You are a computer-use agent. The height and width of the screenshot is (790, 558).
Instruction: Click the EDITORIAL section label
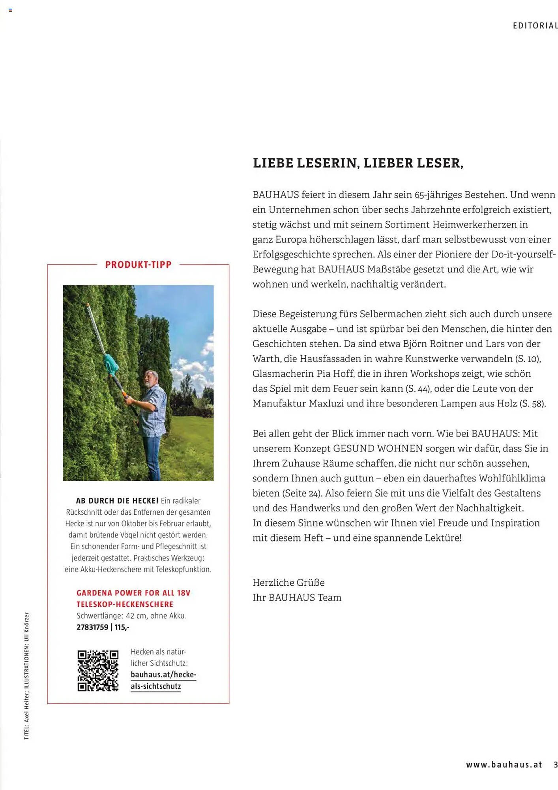click(535, 26)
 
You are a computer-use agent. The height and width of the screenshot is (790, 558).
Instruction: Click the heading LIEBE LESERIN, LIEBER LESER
click(358, 163)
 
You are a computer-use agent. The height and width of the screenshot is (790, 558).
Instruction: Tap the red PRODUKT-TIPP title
click(138, 265)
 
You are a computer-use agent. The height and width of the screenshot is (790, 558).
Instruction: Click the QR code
click(98, 670)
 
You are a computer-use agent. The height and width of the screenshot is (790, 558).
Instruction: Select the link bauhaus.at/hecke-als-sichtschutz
click(163, 681)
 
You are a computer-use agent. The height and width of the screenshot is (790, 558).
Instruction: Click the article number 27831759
click(92, 627)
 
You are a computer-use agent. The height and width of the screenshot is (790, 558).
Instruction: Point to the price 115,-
click(122, 627)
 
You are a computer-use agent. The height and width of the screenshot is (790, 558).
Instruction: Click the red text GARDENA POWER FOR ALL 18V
click(133, 593)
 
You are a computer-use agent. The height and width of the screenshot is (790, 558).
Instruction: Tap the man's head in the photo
click(151, 379)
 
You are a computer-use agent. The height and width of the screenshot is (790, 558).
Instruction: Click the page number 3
click(555, 765)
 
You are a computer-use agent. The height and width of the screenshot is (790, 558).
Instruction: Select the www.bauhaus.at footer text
click(504, 765)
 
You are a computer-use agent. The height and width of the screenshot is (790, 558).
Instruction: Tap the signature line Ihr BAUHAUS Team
click(297, 598)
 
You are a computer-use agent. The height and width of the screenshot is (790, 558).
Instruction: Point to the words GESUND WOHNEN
click(378, 449)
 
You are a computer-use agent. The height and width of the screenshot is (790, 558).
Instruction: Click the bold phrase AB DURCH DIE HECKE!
click(117, 501)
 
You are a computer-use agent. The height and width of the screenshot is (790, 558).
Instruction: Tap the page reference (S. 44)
click(418, 389)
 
